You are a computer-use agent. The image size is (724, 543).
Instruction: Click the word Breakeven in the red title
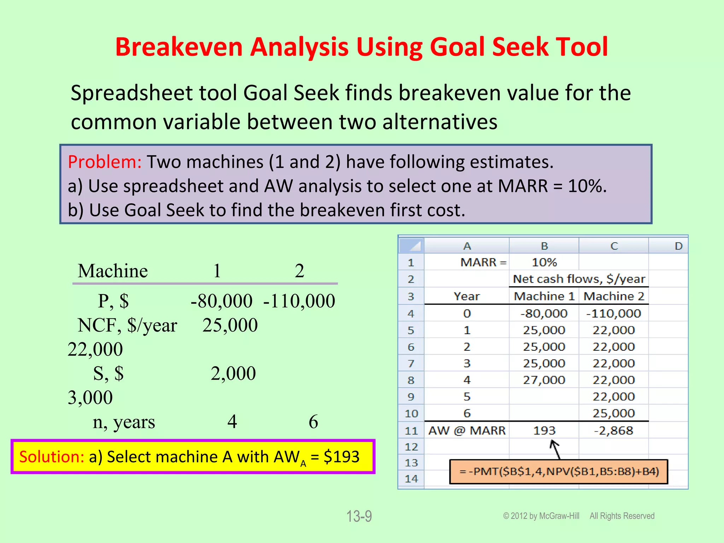(179, 47)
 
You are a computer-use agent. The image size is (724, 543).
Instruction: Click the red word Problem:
(105, 162)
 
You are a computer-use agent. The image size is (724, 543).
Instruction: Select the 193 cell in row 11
(544, 431)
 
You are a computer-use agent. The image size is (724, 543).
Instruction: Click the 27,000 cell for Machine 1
(544, 380)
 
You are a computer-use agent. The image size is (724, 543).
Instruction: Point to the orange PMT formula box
(559, 472)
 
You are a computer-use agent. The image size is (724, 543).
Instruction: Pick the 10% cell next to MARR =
(544, 262)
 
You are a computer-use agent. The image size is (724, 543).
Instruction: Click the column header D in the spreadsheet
(678, 246)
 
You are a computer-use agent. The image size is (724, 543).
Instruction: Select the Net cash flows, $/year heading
(579, 279)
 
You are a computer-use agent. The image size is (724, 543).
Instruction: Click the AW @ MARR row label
(467, 431)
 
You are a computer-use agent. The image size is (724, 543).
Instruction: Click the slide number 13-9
(359, 516)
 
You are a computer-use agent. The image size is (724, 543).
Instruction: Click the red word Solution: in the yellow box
(51, 457)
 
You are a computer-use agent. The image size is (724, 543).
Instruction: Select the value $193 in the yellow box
(341, 457)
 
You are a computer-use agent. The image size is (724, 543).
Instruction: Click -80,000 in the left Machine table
(221, 301)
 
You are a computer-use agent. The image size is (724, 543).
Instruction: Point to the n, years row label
(124, 422)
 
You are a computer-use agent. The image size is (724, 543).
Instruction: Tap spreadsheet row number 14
(411, 479)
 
